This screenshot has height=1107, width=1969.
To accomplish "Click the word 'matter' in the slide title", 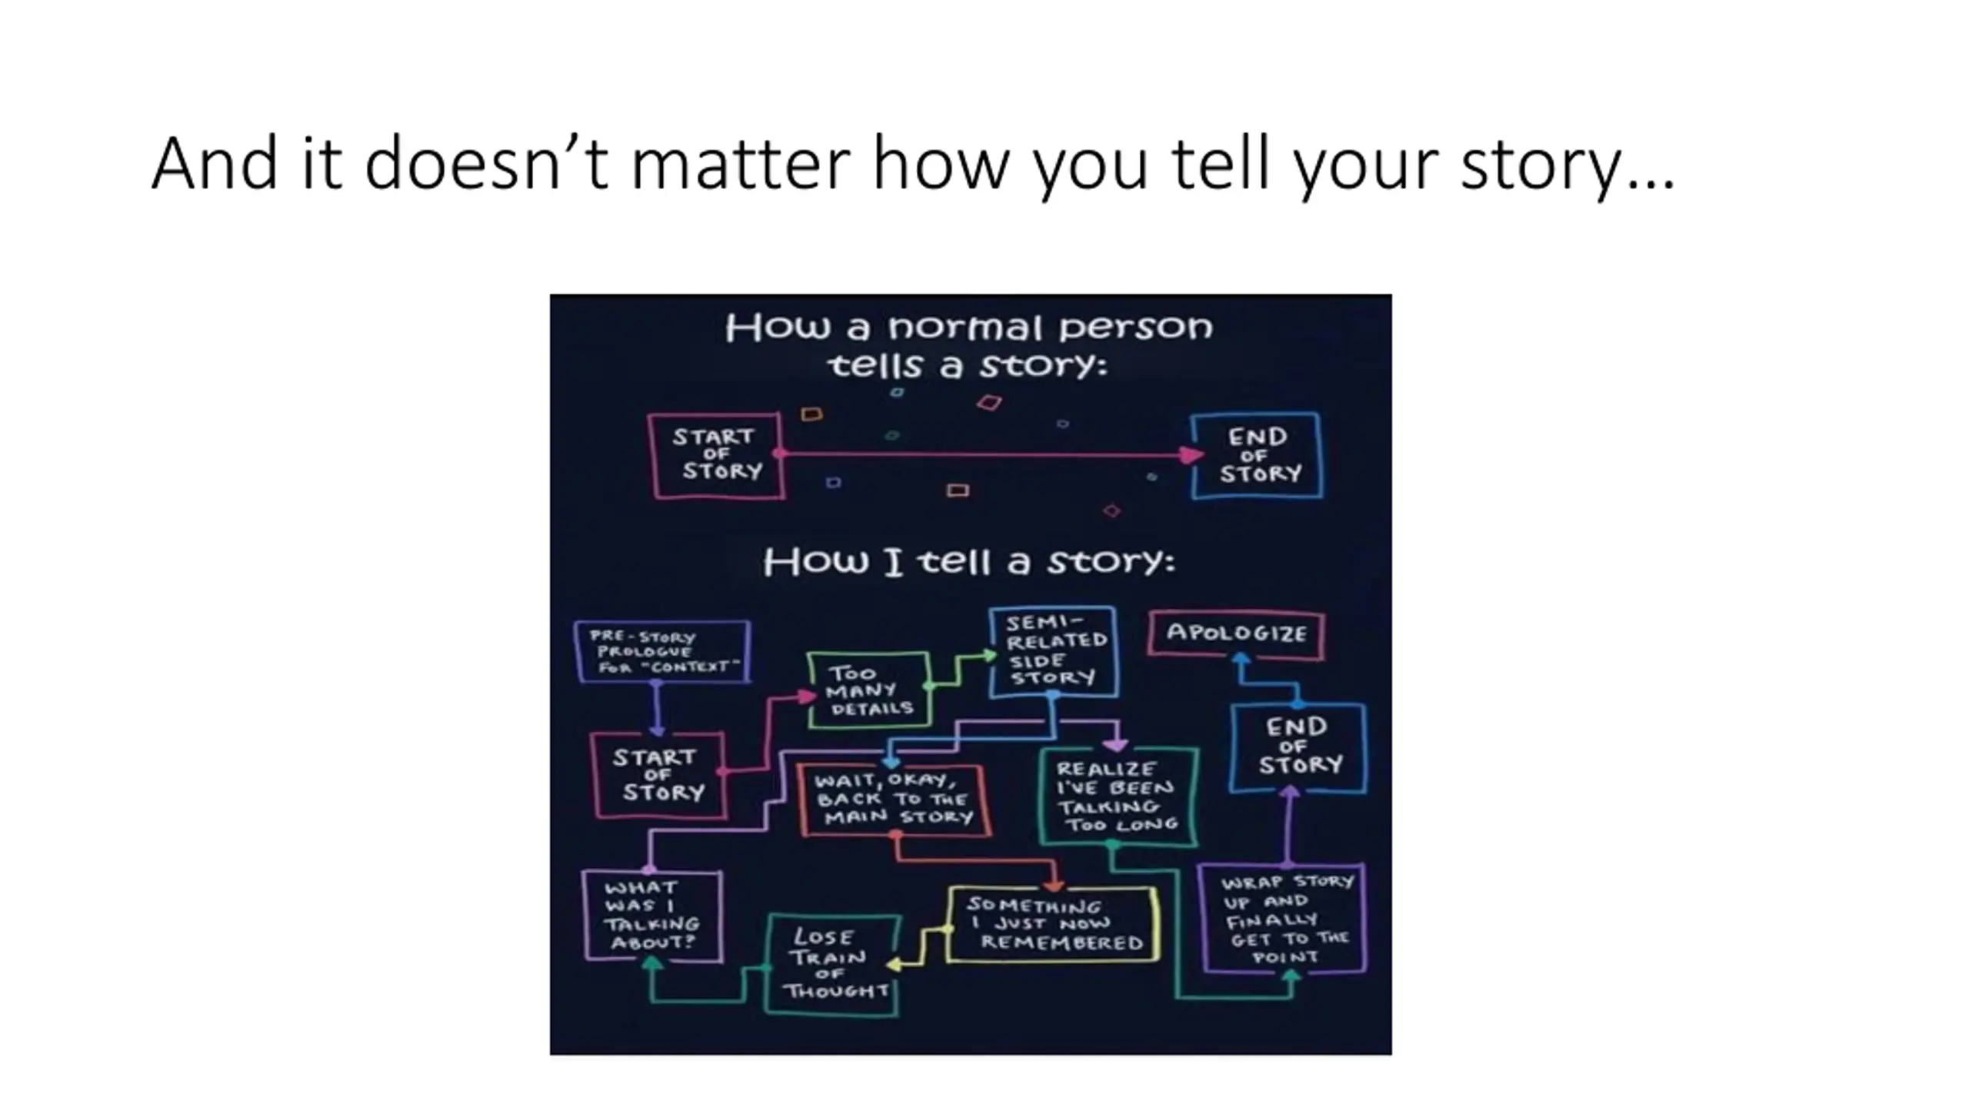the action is click(740, 164).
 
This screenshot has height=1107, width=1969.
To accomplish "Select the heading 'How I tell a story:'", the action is click(969, 561).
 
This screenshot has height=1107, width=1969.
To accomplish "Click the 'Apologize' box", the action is click(1236, 633).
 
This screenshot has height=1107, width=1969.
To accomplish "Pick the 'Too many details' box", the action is click(869, 690).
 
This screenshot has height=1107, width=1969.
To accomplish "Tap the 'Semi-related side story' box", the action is click(1053, 651).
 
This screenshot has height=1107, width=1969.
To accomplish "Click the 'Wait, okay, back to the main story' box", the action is click(894, 799).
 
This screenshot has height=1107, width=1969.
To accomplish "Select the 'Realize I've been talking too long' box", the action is click(1117, 796).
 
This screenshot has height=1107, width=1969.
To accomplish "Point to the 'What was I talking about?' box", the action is click(652, 915).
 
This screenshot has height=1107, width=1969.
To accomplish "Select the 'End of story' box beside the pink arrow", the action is click(1258, 455).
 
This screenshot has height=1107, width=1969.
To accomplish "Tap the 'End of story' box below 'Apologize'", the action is click(1298, 746).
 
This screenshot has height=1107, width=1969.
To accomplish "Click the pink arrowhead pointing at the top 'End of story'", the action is click(1191, 455).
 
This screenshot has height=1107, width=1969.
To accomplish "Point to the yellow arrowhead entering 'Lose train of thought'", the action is click(895, 964).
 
